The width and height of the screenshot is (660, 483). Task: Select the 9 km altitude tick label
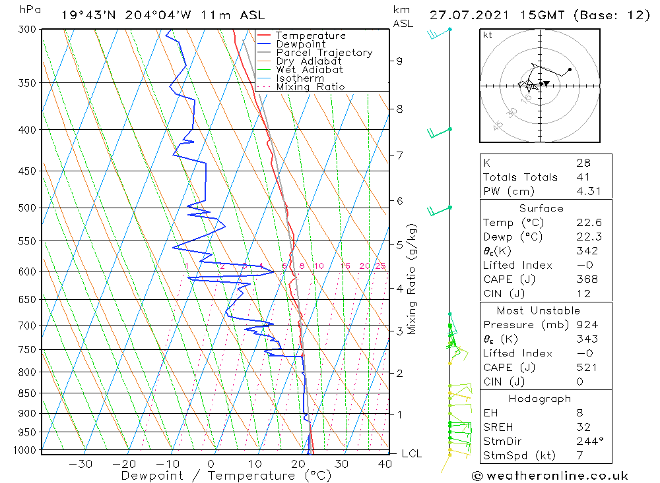click(400, 61)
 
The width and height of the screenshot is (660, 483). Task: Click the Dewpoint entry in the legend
click(300, 44)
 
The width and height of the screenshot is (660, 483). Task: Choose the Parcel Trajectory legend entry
click(324, 53)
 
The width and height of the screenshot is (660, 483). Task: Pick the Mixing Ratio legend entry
click(310, 87)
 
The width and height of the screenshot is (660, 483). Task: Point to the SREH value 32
click(583, 427)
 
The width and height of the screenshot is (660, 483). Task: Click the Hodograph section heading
click(540, 399)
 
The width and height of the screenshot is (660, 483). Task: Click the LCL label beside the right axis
click(411, 454)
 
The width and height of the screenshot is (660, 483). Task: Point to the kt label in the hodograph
click(488, 35)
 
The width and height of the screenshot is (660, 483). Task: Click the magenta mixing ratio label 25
click(380, 266)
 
